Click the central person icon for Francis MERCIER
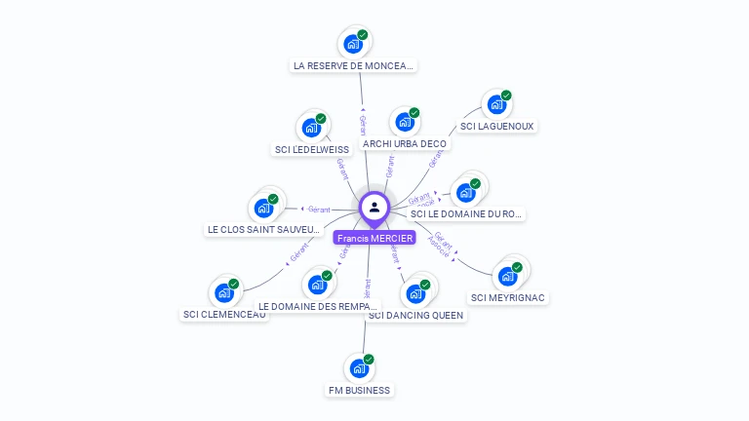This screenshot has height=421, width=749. coord(374,207)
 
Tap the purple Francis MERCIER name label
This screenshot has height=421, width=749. coord(374,238)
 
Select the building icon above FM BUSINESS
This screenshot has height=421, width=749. coord(359,368)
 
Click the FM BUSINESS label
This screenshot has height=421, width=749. coord(359,391)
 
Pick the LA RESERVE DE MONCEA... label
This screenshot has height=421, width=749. coord(353,66)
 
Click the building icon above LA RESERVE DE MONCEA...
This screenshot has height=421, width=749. coord(353,44)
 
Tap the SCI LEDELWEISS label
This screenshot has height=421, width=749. coord(312,150)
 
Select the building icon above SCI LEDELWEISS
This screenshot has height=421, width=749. coord(311,128)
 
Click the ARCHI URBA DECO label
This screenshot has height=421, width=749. coord(404,144)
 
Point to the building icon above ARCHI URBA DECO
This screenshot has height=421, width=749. coord(404,123)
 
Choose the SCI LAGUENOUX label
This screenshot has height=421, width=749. coord(497,127)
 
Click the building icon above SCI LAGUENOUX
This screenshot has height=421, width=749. coord(496,104)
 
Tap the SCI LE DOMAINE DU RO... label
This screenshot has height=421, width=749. coord(466,213)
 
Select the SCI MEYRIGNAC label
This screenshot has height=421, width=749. coord(508,298)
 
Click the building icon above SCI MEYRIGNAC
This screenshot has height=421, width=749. coord(507,276)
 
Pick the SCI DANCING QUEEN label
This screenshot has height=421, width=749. coord(416,316)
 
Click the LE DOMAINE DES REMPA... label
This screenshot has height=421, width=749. coord(318,306)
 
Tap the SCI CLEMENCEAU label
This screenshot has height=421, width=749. coord(224,315)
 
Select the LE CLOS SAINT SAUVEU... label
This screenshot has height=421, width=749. coord(263,230)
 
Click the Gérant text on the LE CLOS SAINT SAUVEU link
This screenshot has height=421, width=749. coord(319,209)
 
